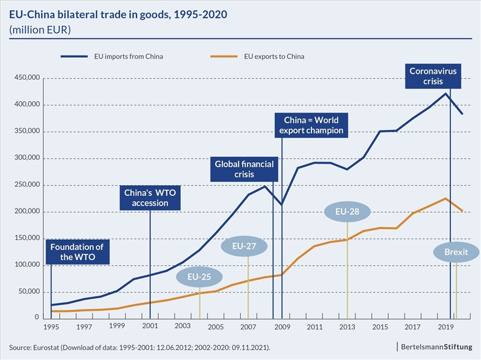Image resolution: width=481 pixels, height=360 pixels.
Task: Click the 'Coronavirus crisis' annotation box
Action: coord(433,76)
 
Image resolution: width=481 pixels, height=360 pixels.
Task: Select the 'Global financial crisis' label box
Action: coord(245,169)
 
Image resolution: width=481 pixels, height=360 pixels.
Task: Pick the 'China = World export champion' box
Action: coord(311,124)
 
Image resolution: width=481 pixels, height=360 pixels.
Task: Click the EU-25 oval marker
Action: coord(198,278)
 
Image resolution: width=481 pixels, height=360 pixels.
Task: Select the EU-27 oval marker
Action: coord(248,246)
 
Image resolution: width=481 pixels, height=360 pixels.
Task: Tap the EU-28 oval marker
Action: coord(348,212)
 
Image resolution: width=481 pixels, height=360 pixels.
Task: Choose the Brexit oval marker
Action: coord(456,252)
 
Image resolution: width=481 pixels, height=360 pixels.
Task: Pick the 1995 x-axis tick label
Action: coord(51,328)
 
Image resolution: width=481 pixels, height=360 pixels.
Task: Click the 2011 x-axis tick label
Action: coord(314,328)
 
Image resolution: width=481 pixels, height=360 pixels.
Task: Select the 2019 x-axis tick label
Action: coord(446,328)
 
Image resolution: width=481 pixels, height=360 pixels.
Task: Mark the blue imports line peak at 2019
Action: coord(446,93)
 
